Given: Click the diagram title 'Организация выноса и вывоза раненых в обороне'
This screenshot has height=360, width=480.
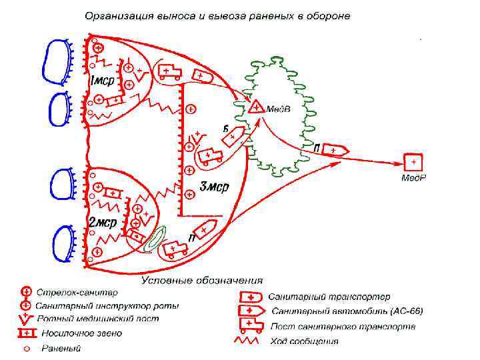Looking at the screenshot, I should [217, 14].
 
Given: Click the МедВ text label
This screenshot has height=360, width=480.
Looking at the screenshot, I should [278, 109].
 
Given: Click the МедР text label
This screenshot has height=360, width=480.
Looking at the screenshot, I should [413, 178].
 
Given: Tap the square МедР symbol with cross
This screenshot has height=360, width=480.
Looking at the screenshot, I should [413, 162].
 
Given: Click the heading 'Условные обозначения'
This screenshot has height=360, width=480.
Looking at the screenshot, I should [202, 281].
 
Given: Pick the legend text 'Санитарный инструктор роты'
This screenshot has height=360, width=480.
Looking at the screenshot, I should [107, 305].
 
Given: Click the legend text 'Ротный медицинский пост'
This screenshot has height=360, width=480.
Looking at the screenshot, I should [97, 319].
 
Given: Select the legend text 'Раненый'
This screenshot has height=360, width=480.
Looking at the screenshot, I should [61, 348].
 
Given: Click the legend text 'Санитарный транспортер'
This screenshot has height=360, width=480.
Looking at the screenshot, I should [329, 297].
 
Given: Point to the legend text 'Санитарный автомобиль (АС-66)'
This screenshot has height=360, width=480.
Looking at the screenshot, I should [347, 311].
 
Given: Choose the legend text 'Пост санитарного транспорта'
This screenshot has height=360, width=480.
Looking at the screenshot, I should [343, 327].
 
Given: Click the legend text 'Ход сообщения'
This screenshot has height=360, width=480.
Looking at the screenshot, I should [305, 341].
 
